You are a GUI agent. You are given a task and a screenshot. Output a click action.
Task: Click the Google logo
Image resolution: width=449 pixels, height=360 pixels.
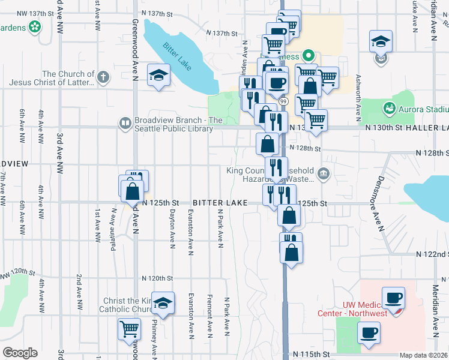[20, 353]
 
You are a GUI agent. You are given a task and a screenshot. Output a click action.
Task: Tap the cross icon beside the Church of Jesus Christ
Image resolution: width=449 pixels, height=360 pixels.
[103, 77]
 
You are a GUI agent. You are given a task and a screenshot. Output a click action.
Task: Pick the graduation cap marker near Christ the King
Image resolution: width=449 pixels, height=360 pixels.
[162, 304]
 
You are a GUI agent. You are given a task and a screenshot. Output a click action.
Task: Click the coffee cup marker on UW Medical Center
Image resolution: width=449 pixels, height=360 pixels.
[394, 298]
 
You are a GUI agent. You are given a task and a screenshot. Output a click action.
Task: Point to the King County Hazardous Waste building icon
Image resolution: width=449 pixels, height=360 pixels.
[324, 174]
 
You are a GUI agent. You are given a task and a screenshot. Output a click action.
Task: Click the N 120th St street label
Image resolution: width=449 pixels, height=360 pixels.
[157, 278]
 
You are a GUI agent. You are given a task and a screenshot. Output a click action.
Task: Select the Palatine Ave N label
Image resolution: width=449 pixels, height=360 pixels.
[113, 224]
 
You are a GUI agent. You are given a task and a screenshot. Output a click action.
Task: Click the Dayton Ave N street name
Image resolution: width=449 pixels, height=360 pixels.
[172, 226]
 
